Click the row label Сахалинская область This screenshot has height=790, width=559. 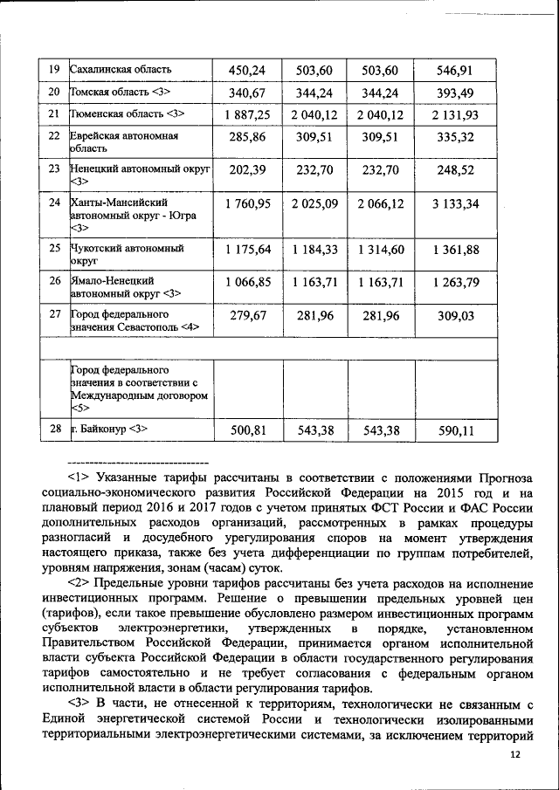click(x=121, y=70)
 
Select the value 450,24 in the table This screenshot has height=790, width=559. click(x=247, y=70)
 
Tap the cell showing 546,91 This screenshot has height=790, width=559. click(x=455, y=70)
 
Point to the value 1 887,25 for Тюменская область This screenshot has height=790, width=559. click(x=247, y=114)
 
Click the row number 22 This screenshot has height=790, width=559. click(x=53, y=137)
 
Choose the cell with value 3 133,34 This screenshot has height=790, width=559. click(x=455, y=204)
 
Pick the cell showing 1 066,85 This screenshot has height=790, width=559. click(x=247, y=282)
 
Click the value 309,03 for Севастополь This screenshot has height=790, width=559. click(x=455, y=315)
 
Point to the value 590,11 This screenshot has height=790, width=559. click(x=455, y=429)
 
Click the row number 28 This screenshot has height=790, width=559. click(x=53, y=429)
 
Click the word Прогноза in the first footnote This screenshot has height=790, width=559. click(x=504, y=478)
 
